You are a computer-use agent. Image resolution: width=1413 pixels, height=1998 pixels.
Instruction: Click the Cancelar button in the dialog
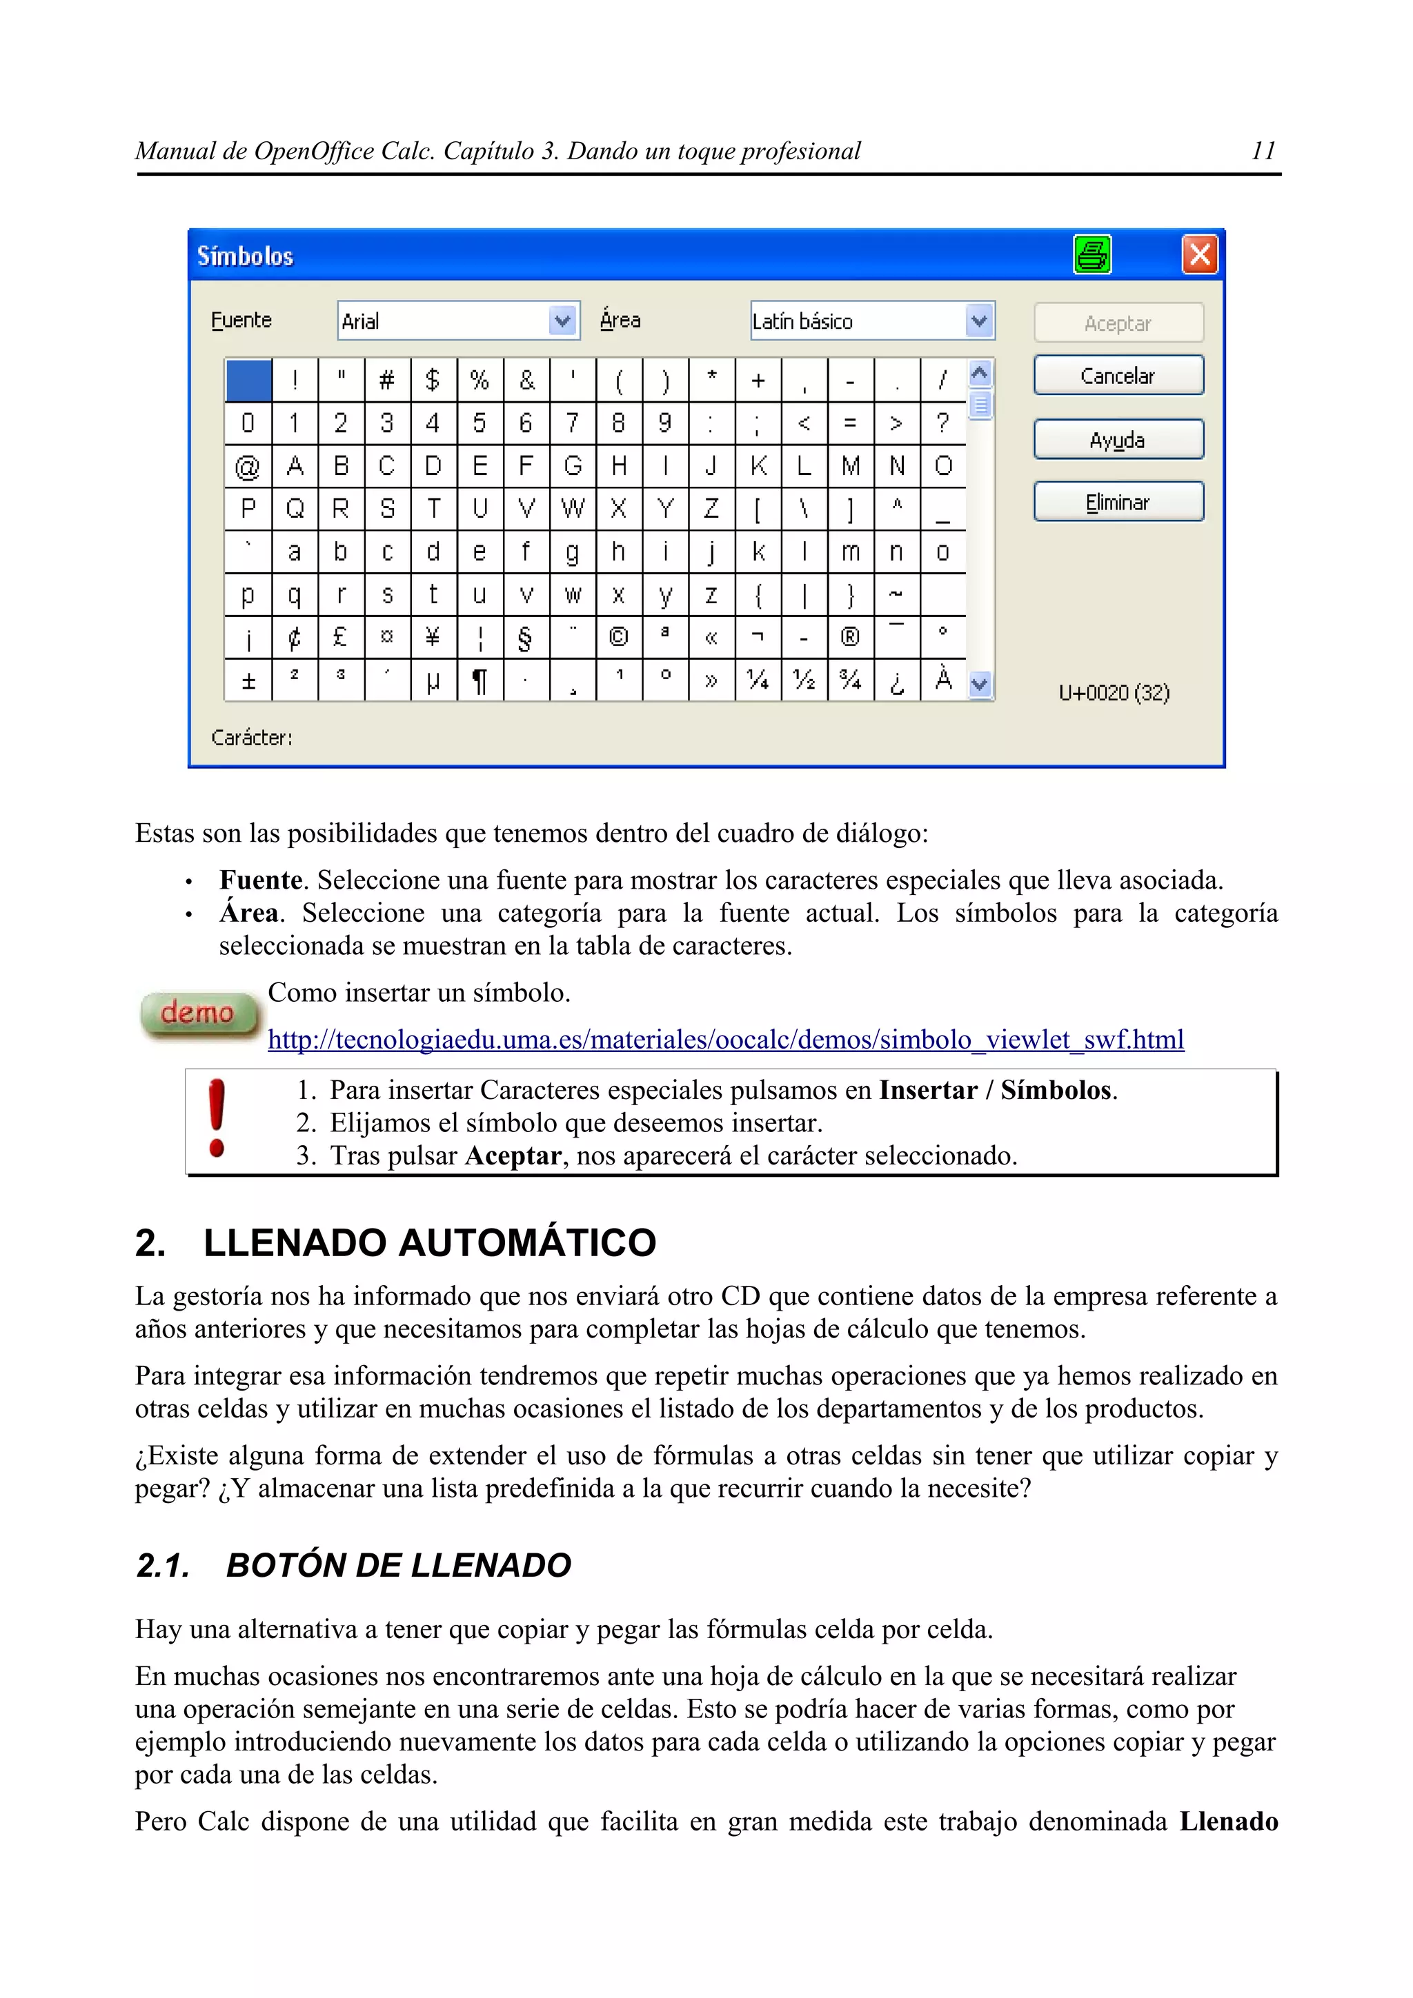click(x=1118, y=376)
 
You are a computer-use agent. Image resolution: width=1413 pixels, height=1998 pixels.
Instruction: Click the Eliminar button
click(x=1118, y=502)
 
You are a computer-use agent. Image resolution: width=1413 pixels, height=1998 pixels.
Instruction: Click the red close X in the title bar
click(x=1199, y=255)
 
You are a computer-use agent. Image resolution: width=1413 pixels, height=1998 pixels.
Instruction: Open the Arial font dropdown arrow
click(x=563, y=321)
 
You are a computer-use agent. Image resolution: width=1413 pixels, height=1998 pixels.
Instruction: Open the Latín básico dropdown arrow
click(x=980, y=321)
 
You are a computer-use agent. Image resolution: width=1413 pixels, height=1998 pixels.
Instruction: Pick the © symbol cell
click(x=618, y=637)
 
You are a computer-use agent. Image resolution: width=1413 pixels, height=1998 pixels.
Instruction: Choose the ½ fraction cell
click(x=804, y=680)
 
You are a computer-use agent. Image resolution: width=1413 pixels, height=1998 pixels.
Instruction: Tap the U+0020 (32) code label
click(x=1114, y=693)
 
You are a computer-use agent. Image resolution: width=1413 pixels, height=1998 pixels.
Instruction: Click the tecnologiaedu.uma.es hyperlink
click(x=725, y=1039)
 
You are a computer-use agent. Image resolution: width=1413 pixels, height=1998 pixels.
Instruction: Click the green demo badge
click(x=199, y=1013)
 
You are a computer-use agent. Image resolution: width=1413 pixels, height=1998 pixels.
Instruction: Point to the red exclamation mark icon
click(x=217, y=1118)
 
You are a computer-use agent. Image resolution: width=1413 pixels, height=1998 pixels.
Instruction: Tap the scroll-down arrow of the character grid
click(x=980, y=684)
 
